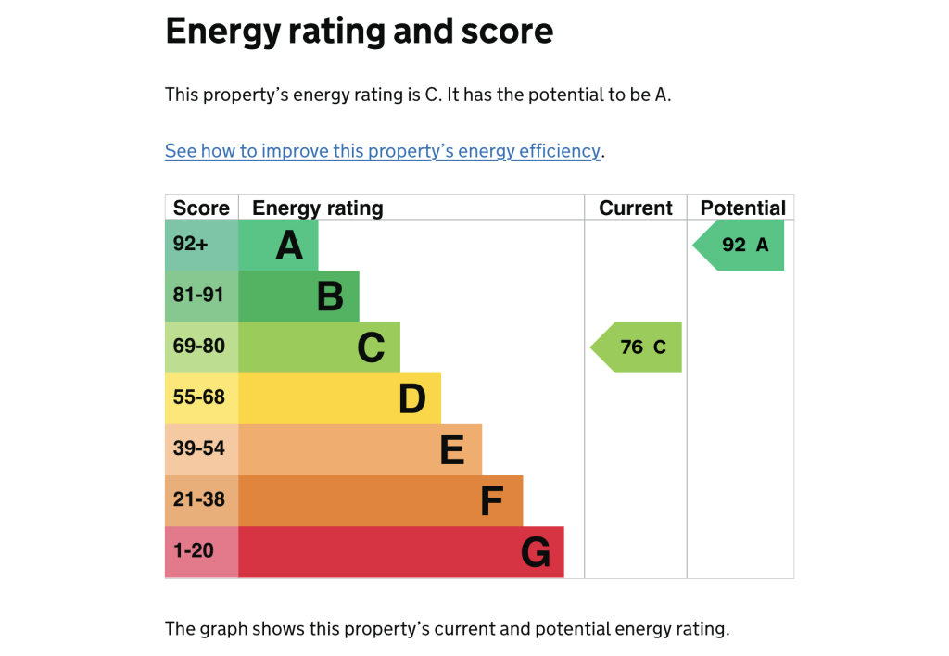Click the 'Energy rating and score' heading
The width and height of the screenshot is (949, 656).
359,32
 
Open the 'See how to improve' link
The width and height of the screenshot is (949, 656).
383,151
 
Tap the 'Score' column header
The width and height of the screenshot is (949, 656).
201,208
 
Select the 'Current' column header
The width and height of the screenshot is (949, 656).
636,208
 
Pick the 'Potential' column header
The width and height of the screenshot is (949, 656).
742,208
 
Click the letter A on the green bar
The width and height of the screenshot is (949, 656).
289,246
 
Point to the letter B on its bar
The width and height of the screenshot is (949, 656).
330,296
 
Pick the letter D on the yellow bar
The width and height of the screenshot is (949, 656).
411,398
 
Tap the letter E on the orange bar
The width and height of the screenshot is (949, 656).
452,450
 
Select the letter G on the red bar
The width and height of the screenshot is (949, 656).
535,552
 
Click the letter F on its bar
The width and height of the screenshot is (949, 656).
492,501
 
